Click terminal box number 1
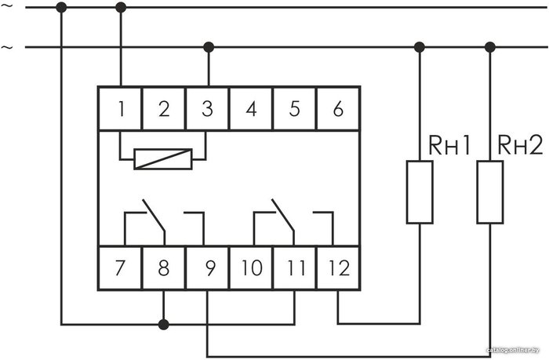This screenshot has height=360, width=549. click(120, 108)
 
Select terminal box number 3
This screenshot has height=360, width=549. click(207, 108)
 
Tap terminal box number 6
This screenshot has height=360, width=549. click(339, 108)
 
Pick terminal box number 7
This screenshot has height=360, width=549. click(120, 268)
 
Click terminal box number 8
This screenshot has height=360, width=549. click(163, 268)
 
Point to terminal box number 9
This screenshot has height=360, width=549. click(207, 268)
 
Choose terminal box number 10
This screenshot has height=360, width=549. click(251, 268)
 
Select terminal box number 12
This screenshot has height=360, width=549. click(339, 268)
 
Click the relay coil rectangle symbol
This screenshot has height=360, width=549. click(163, 159)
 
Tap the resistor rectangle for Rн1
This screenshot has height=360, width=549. click(420, 192)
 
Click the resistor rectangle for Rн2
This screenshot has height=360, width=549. click(490, 192)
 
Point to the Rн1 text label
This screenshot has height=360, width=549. click(449, 146)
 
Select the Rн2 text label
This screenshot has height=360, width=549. click(520, 145)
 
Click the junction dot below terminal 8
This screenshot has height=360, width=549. click(163, 324)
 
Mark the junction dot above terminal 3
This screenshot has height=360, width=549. click(209, 47)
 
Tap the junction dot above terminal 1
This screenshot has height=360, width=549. click(121, 7)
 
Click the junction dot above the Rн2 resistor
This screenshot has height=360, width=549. click(490, 47)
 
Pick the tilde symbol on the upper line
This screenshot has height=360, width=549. click(7, 6)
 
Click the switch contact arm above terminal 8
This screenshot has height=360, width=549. click(154, 216)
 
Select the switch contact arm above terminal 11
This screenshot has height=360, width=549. click(283, 216)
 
